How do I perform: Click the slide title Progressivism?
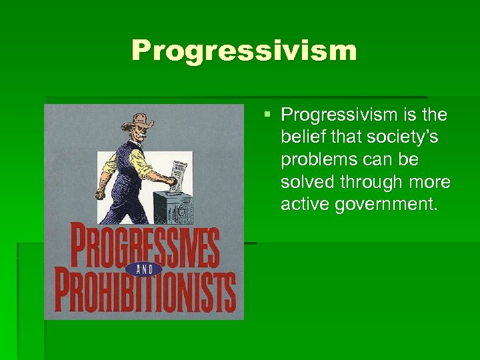click(244, 51)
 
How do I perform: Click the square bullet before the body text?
click(267, 115)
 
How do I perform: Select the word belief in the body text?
click(301, 137)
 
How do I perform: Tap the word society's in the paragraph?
click(401, 137)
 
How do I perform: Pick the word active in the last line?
click(305, 204)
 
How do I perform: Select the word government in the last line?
click(385, 204)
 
